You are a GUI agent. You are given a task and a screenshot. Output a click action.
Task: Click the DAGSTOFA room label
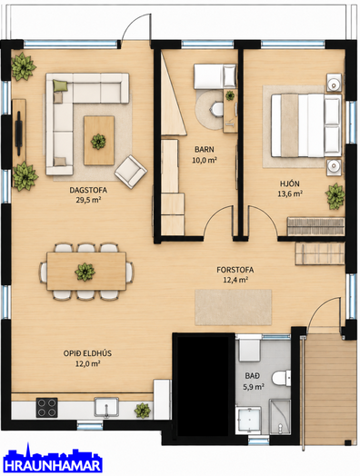pyautogui.click(x=88, y=191)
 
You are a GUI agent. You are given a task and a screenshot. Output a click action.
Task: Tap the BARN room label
pyautogui.click(x=205, y=149)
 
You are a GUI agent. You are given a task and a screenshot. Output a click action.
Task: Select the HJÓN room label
pyautogui.click(x=289, y=183)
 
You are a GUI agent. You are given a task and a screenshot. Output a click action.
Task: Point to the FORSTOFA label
pyautogui.click(x=235, y=270)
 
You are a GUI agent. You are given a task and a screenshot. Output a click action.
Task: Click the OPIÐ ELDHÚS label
pyautogui.click(x=87, y=353)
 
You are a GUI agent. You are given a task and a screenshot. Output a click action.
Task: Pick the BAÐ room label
pyautogui.click(x=253, y=376)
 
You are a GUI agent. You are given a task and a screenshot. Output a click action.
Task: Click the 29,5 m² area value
pyautogui.click(x=88, y=200)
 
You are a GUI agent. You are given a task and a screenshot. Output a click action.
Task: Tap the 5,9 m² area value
pyautogui.click(x=254, y=387)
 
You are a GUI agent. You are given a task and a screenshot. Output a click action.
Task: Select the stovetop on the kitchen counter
pyautogui.click(x=46, y=408)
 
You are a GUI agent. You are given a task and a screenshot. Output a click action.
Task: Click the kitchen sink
pyautogui.click(x=106, y=407)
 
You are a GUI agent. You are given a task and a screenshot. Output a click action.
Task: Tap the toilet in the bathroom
pyautogui.click(x=281, y=378)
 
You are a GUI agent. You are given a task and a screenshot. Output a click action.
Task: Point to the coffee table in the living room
pyautogui.click(x=99, y=141)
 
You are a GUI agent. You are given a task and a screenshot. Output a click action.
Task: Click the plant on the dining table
pyautogui.click(x=85, y=272)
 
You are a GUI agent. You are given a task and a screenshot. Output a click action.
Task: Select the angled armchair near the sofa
pyautogui.click(x=131, y=172)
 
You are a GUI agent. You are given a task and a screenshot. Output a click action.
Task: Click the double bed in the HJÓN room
pyautogui.click(x=306, y=125)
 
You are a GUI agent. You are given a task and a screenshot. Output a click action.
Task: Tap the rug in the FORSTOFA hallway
pyautogui.click(x=233, y=307)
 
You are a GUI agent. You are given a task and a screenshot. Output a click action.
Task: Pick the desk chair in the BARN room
pyautogui.click(x=217, y=109)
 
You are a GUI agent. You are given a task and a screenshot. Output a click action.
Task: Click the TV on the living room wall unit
pyautogui.click(x=19, y=133)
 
